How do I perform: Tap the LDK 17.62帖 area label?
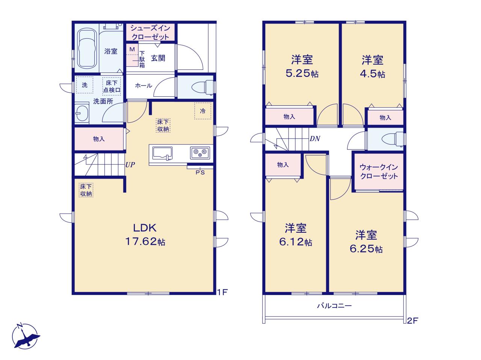(x=145, y=235)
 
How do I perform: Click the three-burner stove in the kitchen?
(x=200, y=153)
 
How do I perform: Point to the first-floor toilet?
(x=203, y=87)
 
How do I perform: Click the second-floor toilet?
(x=393, y=139)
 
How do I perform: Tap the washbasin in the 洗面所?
(x=82, y=113)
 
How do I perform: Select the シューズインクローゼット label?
(x=150, y=32)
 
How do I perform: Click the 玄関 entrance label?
(x=158, y=58)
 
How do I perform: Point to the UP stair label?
(x=130, y=164)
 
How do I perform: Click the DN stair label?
(x=315, y=139)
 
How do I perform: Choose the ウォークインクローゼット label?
(x=379, y=172)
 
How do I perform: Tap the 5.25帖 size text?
(x=302, y=74)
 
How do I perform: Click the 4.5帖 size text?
(x=372, y=74)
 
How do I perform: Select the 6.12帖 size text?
(x=296, y=242)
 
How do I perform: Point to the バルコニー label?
(x=334, y=306)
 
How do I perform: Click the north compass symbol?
(x=26, y=336)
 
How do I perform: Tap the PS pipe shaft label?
(x=200, y=173)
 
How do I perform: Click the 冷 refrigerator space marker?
(x=203, y=111)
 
